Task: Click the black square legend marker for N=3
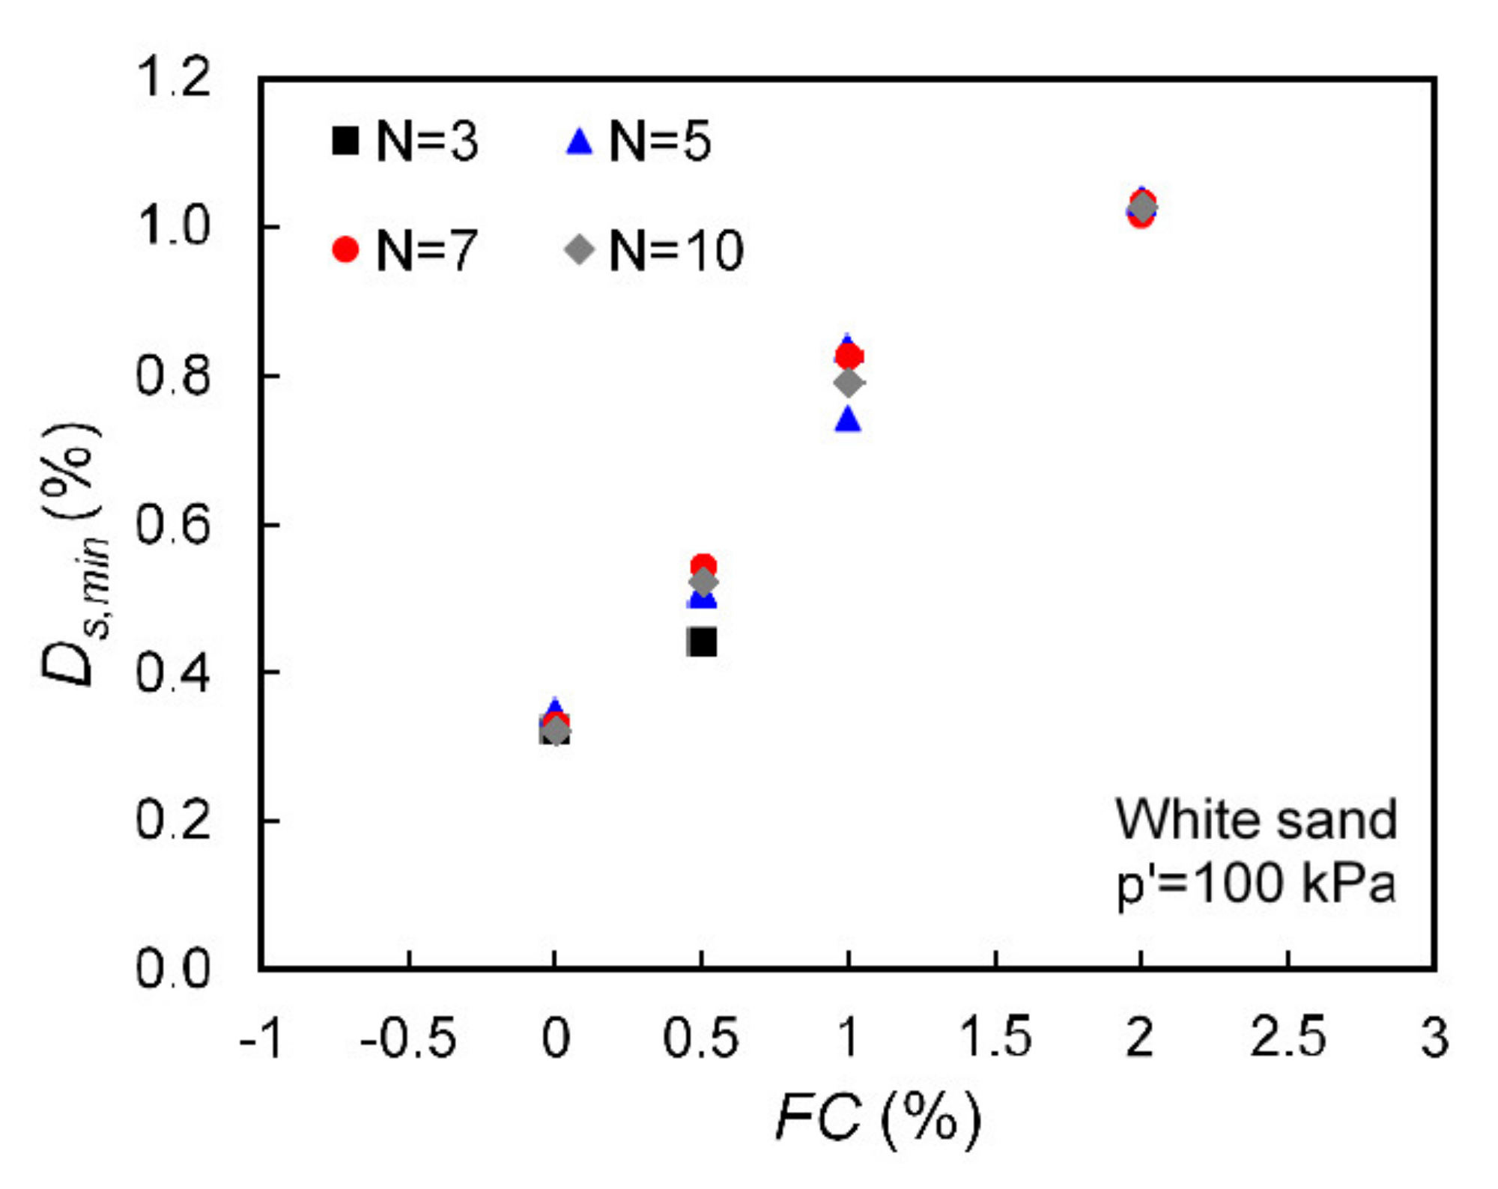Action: click(x=345, y=141)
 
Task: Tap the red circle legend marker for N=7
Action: click(x=345, y=249)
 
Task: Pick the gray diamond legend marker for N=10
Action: click(x=579, y=249)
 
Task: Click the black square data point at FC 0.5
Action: click(x=702, y=642)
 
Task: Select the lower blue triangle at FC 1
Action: click(x=848, y=420)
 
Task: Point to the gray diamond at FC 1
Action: click(x=848, y=383)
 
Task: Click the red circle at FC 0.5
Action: click(x=703, y=565)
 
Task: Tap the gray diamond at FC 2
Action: click(x=1141, y=207)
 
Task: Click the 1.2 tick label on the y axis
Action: click(x=173, y=78)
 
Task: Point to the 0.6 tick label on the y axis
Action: click(x=173, y=525)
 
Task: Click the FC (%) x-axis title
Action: click(x=877, y=1119)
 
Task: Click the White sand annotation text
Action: click(x=1256, y=819)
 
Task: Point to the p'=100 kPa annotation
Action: click(x=1256, y=884)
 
